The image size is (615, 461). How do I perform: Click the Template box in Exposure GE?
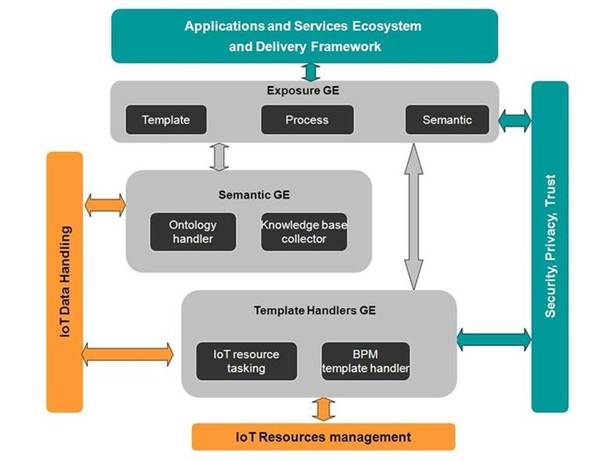pyautogui.click(x=166, y=120)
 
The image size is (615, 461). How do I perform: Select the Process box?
pyautogui.click(x=306, y=120)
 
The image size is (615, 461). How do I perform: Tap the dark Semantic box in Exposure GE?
pyautogui.click(x=447, y=120)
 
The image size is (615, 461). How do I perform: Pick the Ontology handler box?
pyautogui.click(x=193, y=232)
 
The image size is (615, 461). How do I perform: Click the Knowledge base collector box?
pyautogui.click(x=305, y=232)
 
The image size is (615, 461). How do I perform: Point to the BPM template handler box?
pyautogui.click(x=365, y=360)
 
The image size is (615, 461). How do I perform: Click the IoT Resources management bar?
pyautogui.click(x=323, y=437)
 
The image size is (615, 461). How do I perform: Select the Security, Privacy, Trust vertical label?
pyautogui.click(x=550, y=245)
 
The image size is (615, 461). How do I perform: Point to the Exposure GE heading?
pyautogui.click(x=305, y=92)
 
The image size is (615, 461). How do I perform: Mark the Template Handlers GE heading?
pyautogui.click(x=317, y=309)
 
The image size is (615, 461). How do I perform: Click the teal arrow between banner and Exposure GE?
pyautogui.click(x=310, y=71)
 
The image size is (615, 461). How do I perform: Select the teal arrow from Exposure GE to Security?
pyautogui.click(x=514, y=121)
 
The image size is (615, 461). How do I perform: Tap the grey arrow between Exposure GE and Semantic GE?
pyautogui.click(x=219, y=155)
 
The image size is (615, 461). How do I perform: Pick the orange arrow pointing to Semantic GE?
pyautogui.click(x=105, y=205)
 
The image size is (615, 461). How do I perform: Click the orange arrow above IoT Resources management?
pyautogui.click(x=321, y=408)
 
